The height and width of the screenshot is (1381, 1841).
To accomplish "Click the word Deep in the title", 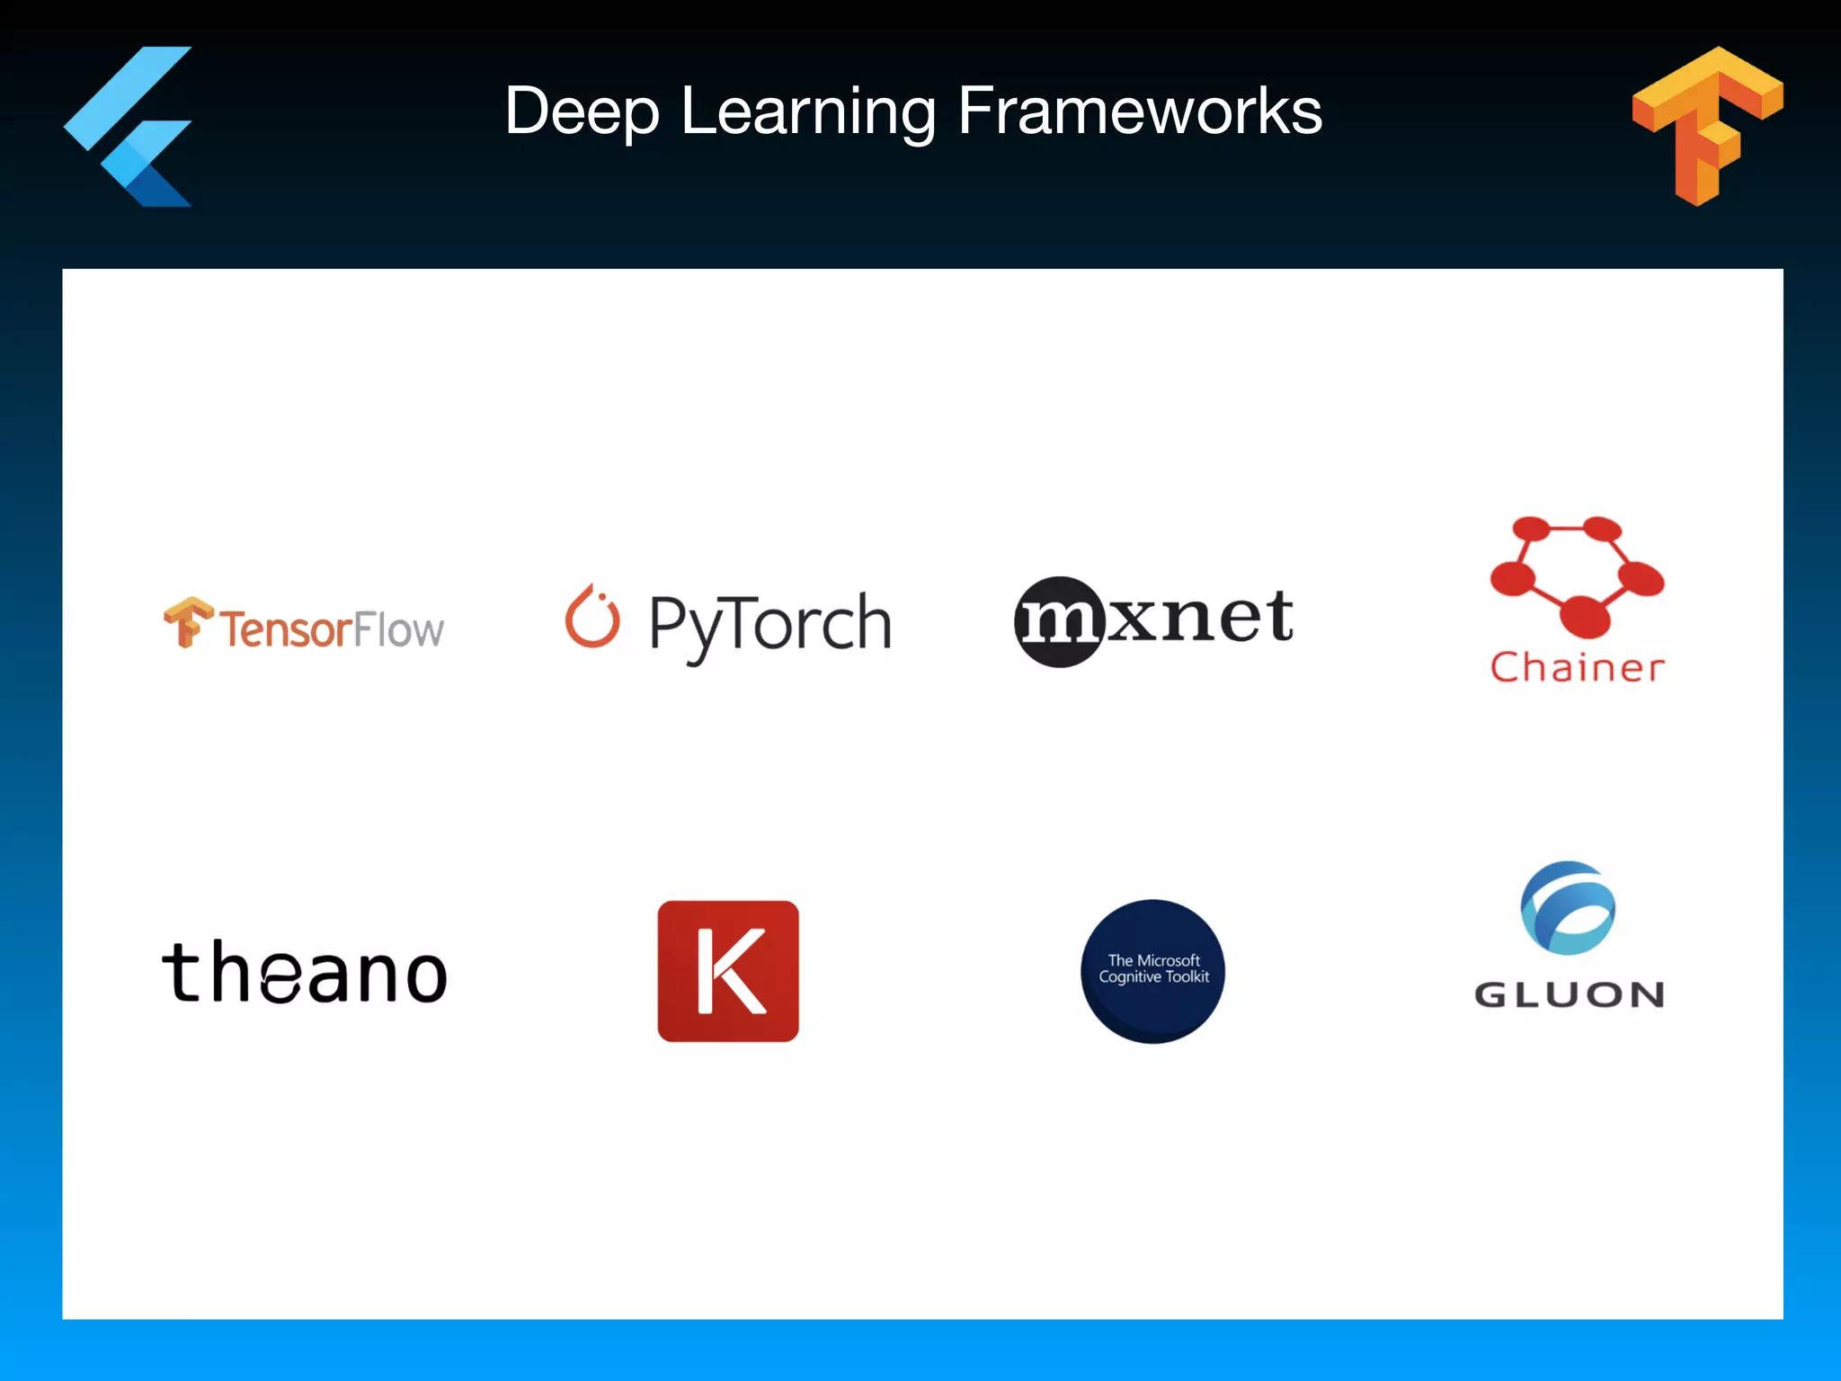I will point(583,111).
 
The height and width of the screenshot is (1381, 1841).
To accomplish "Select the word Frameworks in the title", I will point(1140,111).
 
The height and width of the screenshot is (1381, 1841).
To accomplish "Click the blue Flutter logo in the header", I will point(130,127).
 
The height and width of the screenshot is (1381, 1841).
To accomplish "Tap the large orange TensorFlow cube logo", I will point(1707,125).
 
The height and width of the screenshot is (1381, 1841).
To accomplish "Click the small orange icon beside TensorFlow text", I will point(187,621).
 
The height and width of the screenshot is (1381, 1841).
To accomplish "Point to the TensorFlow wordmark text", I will point(332,628).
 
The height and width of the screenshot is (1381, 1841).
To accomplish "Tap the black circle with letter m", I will point(1059,621).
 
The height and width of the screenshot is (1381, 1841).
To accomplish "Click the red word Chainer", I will point(1577,667).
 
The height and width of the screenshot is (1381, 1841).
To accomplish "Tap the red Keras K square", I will point(728,971).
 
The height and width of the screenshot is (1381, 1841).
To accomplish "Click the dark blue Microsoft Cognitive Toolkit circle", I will point(1153,971).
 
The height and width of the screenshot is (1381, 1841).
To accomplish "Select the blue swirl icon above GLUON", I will point(1568,908).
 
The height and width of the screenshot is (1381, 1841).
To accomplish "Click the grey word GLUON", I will point(1570,994).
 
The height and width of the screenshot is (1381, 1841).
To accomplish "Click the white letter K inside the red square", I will point(730,971).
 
